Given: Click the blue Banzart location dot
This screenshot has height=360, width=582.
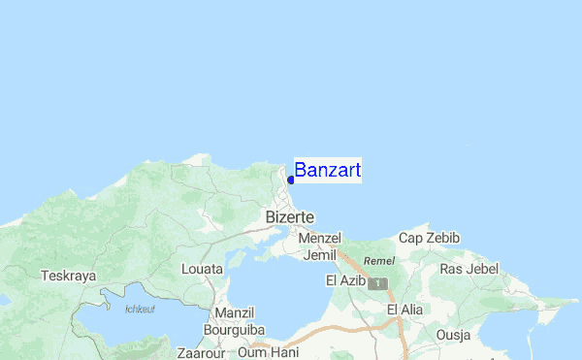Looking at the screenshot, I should tap(291, 180).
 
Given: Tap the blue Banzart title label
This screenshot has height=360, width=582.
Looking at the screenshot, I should tap(328, 171).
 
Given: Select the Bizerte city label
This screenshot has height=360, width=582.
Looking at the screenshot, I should tap(289, 217).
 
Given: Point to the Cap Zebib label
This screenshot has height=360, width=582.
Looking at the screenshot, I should tap(429, 238).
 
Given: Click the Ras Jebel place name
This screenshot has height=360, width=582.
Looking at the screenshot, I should tap(469, 269).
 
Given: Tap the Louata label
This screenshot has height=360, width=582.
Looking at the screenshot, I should tap(202, 269).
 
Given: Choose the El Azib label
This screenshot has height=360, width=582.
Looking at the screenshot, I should tap(345, 281).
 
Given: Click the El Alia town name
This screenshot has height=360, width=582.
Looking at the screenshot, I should tap(405, 310).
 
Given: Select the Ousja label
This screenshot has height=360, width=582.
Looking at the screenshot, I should tap(453, 336).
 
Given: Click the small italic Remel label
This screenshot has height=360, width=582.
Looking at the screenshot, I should tap(377, 261).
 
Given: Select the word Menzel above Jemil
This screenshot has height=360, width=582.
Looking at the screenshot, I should tap(321, 238).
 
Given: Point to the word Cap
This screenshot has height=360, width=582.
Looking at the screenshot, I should tap(411, 238).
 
